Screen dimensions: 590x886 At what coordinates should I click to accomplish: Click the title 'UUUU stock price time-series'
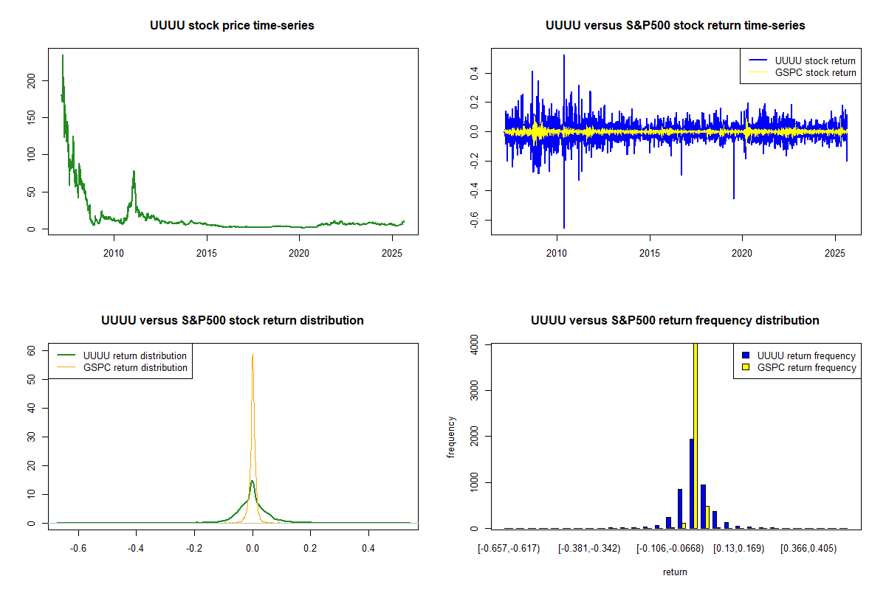pos(232,26)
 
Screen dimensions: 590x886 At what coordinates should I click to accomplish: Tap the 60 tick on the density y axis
pos(31,352)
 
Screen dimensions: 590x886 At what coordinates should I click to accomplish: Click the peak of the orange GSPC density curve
pos(253,354)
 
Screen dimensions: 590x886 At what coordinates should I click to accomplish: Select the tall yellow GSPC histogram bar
pos(695,435)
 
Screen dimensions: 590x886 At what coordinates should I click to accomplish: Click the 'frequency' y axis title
pos(451,437)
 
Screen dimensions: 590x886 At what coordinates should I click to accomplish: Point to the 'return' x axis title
pos(675,572)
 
